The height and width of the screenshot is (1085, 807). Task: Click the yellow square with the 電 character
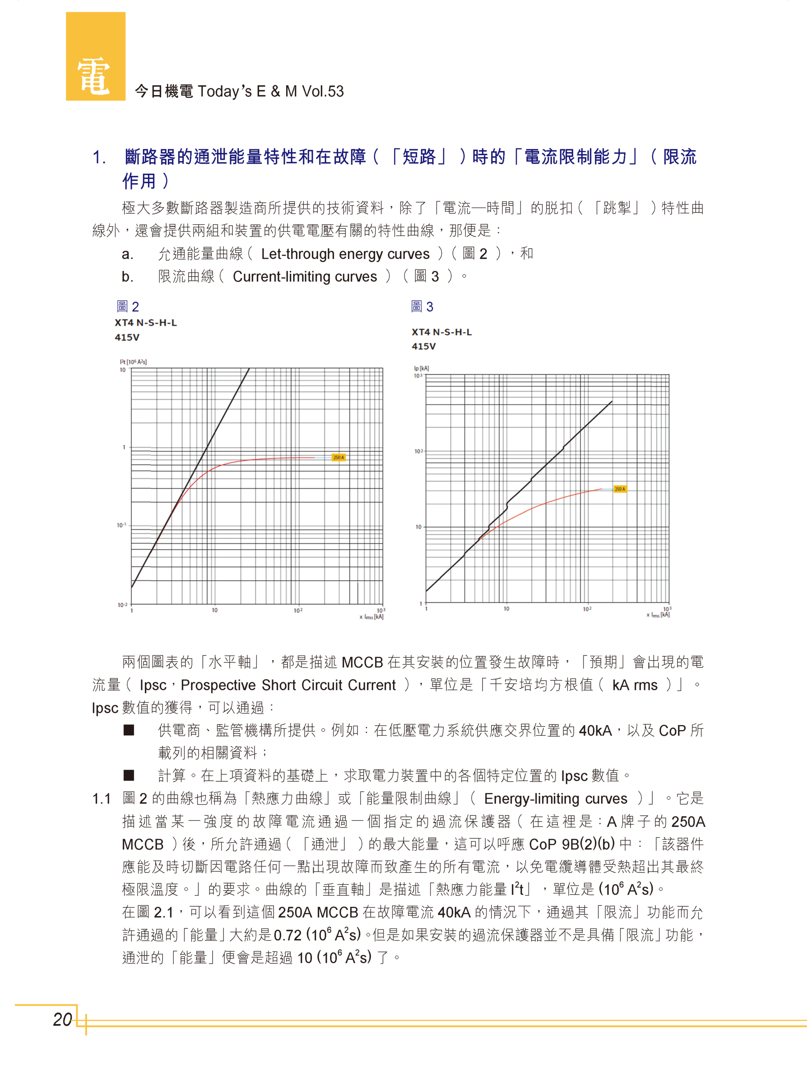coord(95,56)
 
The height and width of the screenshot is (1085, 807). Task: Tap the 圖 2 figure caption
coord(128,306)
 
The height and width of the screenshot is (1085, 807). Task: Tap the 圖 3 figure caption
coord(422,306)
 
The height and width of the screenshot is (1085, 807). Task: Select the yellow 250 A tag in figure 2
coord(339,457)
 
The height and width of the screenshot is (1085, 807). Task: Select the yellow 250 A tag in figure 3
coord(619,489)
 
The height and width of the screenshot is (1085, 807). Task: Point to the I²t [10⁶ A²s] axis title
coord(134,362)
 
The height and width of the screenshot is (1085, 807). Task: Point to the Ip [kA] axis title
coord(421,368)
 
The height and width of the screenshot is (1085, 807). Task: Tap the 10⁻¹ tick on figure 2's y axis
coord(121,525)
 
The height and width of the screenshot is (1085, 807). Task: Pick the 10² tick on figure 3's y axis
coord(419,451)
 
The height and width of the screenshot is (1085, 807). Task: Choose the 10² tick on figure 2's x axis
coord(298,610)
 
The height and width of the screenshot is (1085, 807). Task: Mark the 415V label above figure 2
coord(127,337)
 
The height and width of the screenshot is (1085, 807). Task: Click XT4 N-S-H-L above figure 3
coord(442,332)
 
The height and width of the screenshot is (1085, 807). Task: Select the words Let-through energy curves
coord(345,254)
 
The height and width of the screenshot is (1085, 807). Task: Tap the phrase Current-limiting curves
coord(305,276)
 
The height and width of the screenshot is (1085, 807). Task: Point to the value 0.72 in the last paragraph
coord(288,935)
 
